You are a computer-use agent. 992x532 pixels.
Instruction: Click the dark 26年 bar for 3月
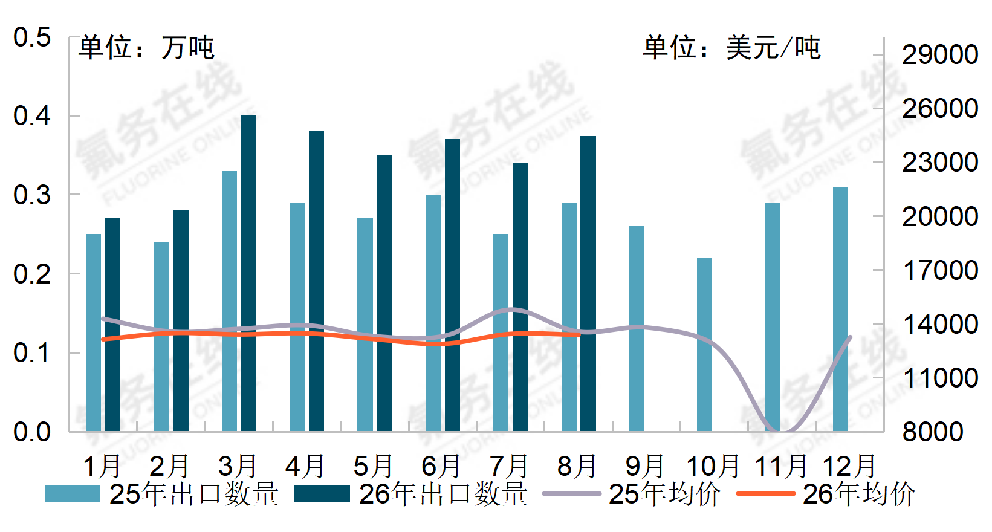[x=248, y=273]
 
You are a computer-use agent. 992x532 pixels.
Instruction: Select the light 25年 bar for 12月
[x=840, y=309]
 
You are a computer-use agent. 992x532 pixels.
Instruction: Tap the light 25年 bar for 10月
[x=705, y=345]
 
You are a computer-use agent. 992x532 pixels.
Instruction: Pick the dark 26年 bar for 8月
[x=588, y=284]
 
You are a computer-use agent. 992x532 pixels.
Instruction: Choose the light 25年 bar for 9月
[x=637, y=329]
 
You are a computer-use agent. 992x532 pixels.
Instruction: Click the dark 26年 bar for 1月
[x=112, y=325]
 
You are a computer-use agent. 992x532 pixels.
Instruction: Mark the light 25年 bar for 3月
[x=229, y=301]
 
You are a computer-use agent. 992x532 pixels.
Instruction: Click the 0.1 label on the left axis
[x=32, y=353]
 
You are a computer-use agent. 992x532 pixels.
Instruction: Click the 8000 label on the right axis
[x=933, y=432]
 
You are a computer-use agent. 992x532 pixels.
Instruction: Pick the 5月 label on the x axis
[x=373, y=466]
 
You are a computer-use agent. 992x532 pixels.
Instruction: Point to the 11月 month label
[x=781, y=466]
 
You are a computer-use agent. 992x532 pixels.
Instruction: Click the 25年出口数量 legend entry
[x=161, y=494]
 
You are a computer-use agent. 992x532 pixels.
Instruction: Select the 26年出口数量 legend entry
[x=410, y=494]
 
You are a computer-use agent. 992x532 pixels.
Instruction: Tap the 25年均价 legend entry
[x=632, y=494]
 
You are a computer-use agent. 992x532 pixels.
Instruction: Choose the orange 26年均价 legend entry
[x=826, y=494]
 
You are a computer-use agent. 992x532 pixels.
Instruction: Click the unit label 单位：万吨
[x=146, y=48]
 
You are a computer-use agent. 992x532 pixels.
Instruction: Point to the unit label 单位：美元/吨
[x=732, y=48]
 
